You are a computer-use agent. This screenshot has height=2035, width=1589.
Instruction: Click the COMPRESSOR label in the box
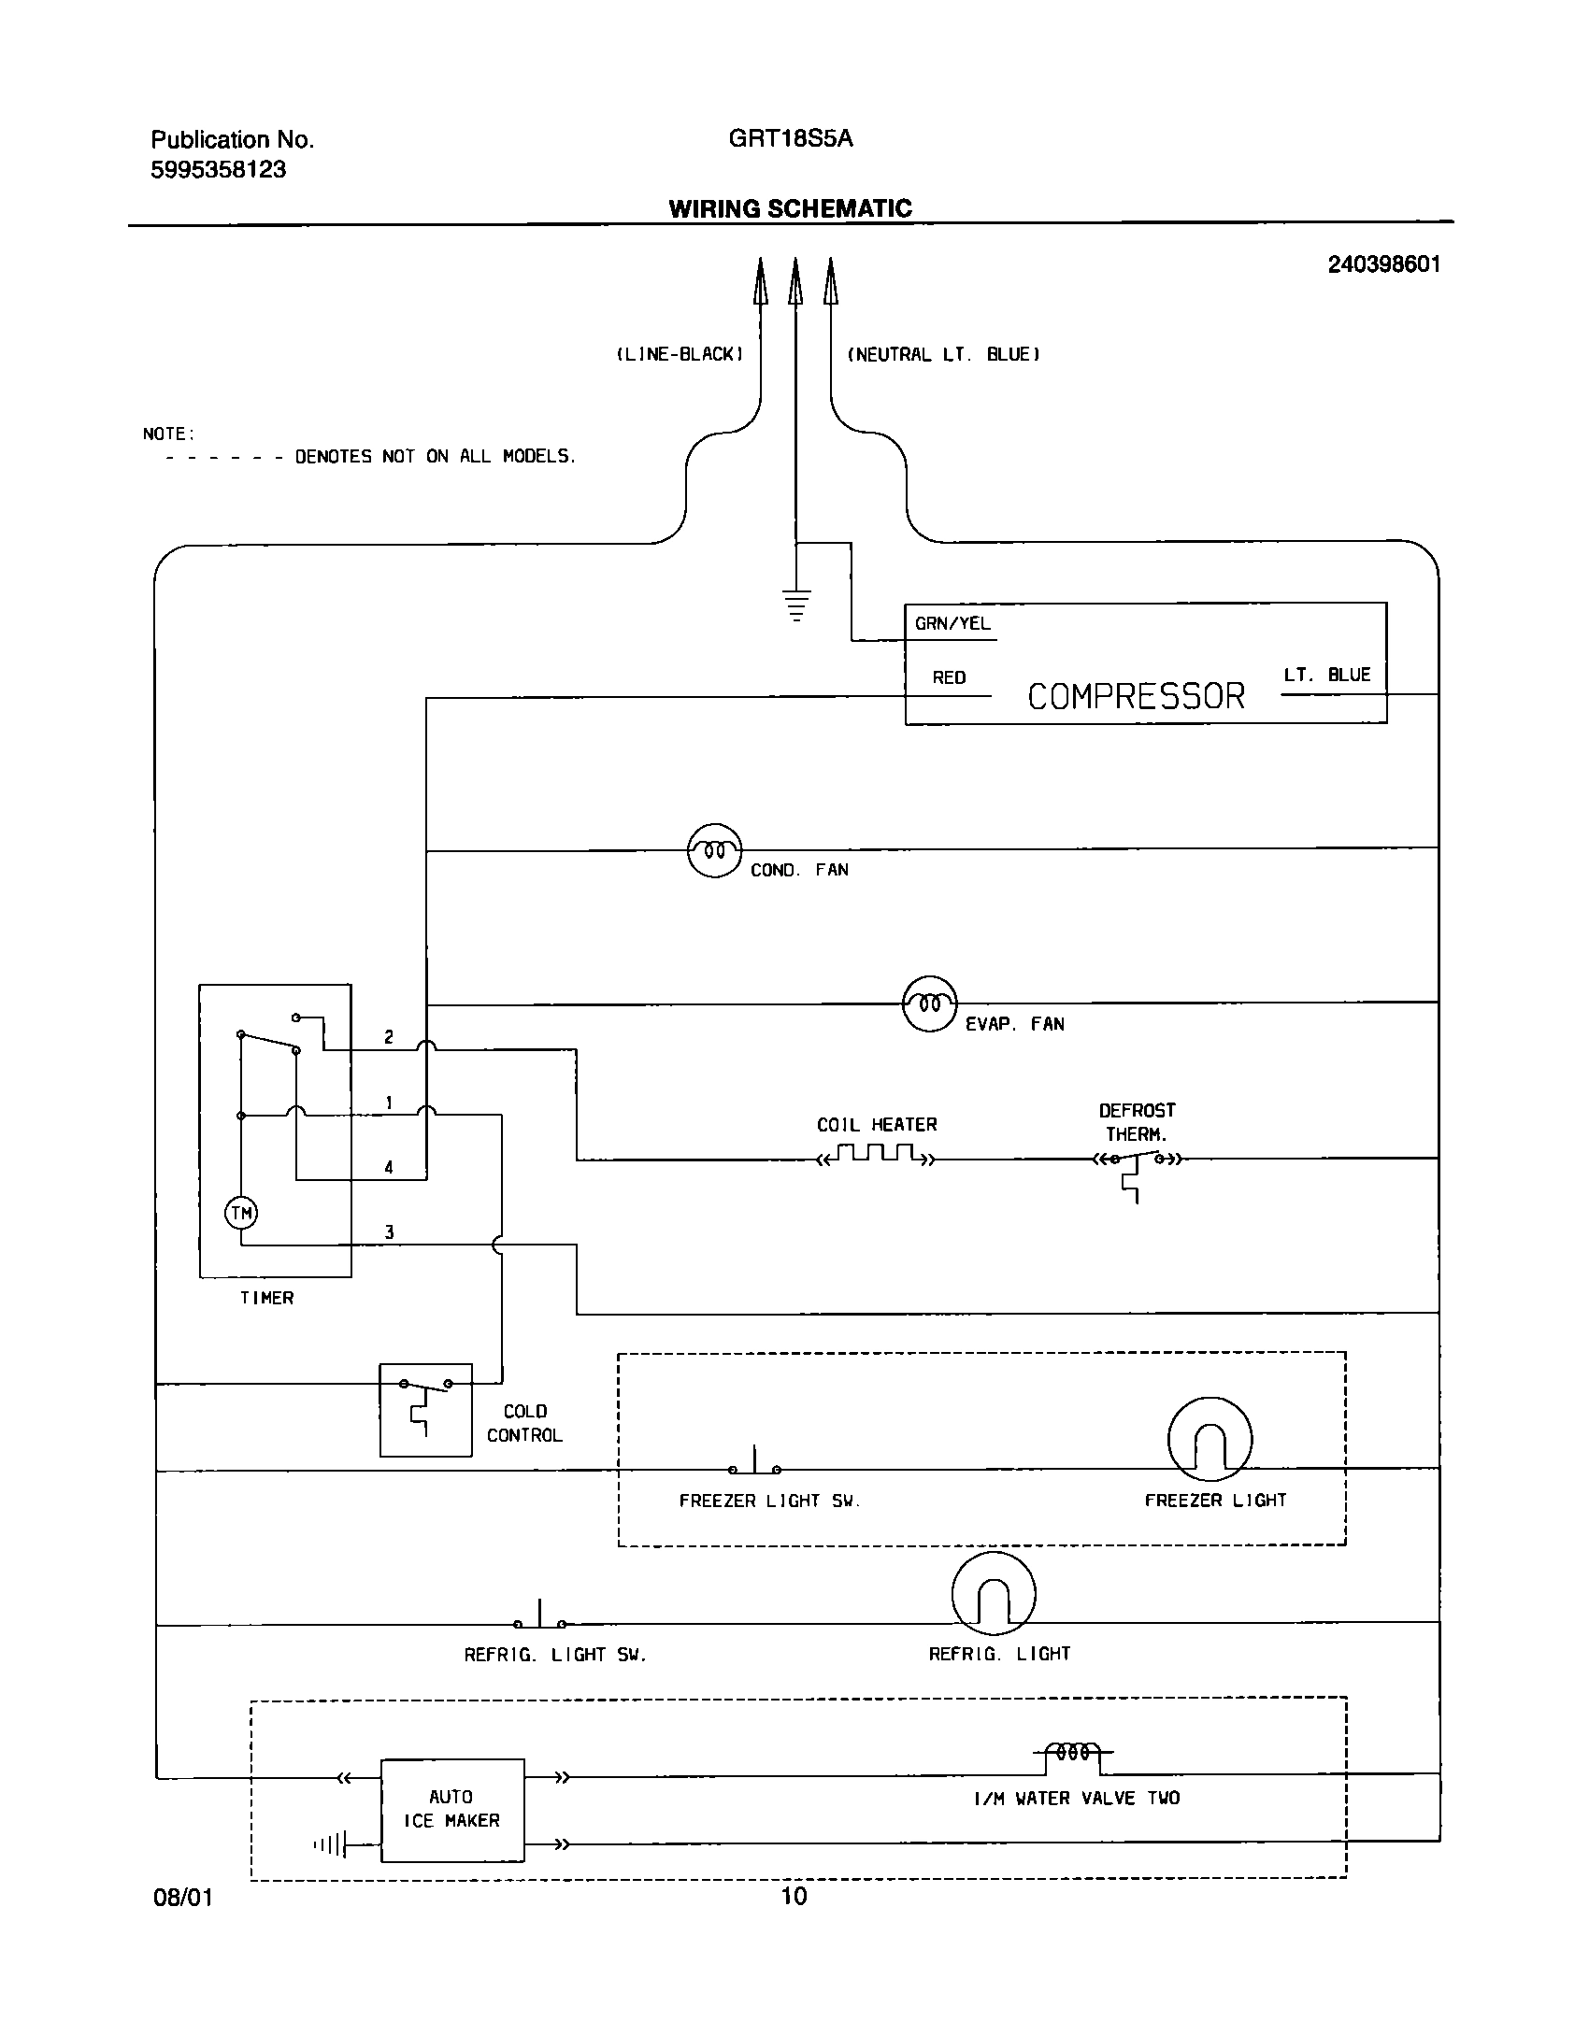point(1136,696)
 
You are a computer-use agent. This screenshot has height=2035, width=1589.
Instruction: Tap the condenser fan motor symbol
point(714,850)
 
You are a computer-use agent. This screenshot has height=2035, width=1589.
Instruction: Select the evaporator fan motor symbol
point(929,1004)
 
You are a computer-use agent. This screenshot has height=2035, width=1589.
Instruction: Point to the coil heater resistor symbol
point(875,1155)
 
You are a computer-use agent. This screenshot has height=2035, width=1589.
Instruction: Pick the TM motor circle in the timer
point(241,1214)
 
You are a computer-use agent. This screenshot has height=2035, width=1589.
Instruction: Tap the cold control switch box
point(425,1410)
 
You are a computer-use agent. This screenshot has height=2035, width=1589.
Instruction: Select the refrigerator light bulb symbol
point(994,1594)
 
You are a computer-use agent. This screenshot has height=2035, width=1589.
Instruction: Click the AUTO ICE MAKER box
point(451,1810)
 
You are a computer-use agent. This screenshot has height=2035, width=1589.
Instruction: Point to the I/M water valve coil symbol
point(1072,1752)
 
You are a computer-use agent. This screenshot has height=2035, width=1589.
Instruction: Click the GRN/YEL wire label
point(952,623)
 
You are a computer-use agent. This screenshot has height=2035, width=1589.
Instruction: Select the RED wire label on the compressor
point(949,677)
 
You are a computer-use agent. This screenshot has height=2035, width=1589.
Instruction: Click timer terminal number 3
point(389,1232)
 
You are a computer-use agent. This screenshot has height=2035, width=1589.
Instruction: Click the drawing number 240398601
point(1383,264)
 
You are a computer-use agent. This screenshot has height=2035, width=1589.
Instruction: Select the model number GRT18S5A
point(790,139)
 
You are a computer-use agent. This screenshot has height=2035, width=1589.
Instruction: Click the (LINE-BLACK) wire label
point(680,355)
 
